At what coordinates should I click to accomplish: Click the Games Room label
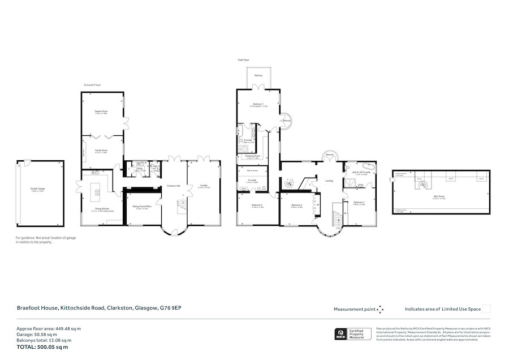(101, 112)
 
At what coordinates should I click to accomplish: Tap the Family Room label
(101, 151)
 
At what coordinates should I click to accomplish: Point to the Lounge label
(203, 186)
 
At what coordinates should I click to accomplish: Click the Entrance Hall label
(173, 186)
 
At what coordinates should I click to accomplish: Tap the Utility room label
(139, 168)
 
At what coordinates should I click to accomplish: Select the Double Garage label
(37, 190)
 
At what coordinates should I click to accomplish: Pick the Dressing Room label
(253, 156)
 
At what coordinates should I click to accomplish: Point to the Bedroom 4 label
(297, 205)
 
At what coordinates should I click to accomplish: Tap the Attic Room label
(439, 197)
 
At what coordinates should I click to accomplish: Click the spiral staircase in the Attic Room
(421, 185)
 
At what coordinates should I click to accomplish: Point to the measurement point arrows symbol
(381, 309)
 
